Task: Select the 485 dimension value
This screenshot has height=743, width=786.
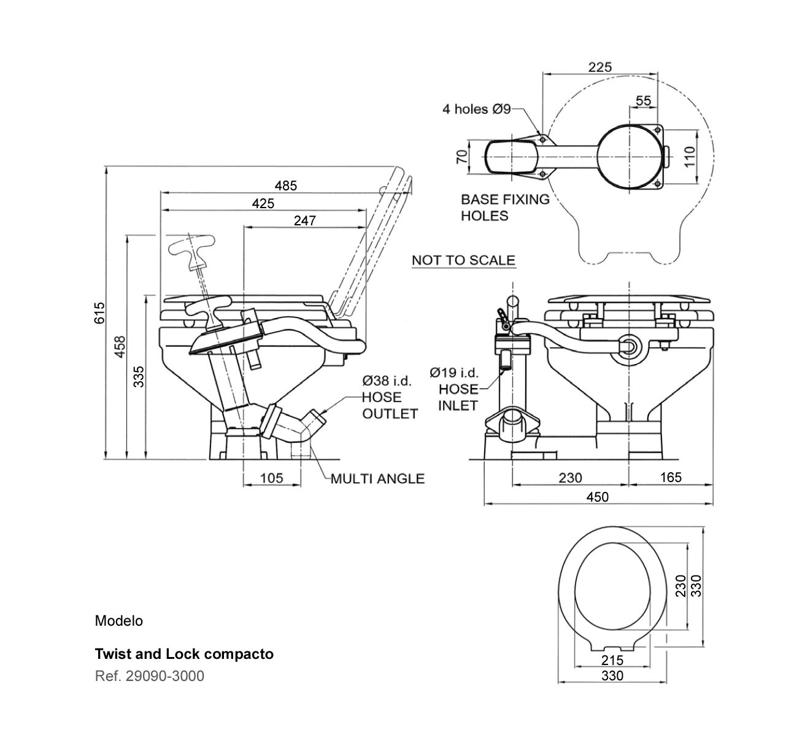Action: [x=286, y=185]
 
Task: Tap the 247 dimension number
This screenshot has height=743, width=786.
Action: [x=304, y=220]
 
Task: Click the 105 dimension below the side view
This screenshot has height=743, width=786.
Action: [x=272, y=478]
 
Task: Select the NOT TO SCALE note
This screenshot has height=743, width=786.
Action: [x=463, y=260]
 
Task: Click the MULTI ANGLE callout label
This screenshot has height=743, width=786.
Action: [x=377, y=478]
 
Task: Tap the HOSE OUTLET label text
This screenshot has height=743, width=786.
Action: [x=390, y=405]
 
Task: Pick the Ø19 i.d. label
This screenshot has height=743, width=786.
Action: [x=454, y=372]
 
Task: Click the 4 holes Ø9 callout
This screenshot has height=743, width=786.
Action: [x=476, y=109]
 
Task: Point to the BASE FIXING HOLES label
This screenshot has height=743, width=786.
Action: [x=504, y=208]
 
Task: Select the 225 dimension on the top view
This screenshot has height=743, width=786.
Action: [x=599, y=67]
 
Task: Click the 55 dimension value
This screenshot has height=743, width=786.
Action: [x=643, y=101]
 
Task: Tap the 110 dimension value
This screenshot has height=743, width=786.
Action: [x=689, y=157]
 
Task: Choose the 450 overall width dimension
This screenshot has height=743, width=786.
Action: [x=597, y=497]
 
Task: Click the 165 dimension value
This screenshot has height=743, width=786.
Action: [x=671, y=477]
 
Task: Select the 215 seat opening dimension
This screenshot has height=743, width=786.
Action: [x=612, y=660]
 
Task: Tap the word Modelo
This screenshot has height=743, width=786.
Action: [x=118, y=621]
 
